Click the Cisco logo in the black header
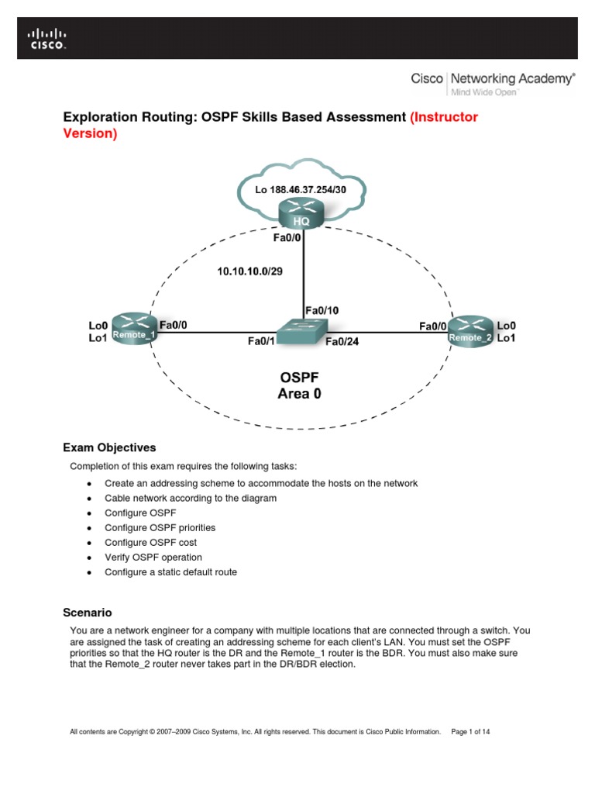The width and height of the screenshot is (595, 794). pos(47,39)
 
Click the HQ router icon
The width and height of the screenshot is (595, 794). pos(301,211)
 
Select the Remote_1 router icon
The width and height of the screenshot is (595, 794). pos(133,329)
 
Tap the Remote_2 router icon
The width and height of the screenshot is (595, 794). pos(469,330)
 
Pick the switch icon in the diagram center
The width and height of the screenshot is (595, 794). pos(301,333)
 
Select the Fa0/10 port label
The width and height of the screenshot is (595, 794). pos(322,310)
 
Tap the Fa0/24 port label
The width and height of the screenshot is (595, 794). pos(342,340)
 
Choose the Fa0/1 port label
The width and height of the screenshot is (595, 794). pos(261,340)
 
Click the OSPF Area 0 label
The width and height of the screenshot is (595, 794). pos(299,385)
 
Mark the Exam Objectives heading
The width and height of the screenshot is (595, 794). pos(109,447)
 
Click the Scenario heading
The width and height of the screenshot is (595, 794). pos(88,612)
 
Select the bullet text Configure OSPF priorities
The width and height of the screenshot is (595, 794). pos(160,527)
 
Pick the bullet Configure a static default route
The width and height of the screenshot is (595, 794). pos(170,572)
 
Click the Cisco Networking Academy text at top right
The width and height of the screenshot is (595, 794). pos(493,79)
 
